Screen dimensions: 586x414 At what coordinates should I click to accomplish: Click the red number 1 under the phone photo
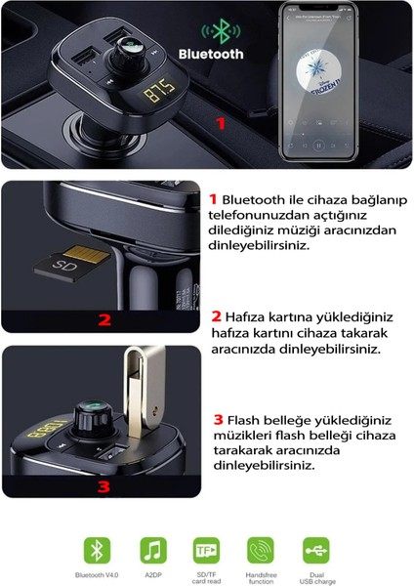coord(221,124)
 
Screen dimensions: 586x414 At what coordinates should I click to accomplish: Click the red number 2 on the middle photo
coord(105,318)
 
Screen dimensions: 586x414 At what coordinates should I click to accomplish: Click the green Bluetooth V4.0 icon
coord(97,548)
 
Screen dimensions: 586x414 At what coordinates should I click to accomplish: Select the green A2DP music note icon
coord(151,548)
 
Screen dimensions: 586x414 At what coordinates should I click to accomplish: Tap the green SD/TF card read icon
coord(206,548)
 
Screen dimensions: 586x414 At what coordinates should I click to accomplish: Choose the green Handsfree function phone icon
coord(261,548)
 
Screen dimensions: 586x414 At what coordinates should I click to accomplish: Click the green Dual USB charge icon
coord(315,548)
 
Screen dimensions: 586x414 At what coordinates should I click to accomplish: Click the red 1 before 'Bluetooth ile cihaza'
coord(215,198)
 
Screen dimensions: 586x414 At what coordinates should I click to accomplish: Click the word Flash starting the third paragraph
coord(248,419)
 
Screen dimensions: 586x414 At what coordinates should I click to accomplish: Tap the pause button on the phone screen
coord(318,143)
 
